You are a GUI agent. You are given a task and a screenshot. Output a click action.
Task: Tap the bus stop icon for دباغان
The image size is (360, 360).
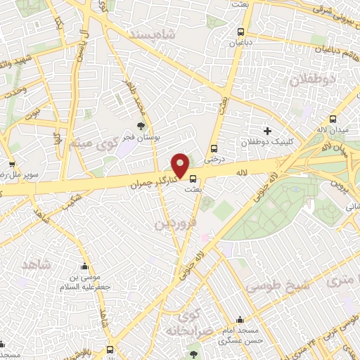tap(241, 32)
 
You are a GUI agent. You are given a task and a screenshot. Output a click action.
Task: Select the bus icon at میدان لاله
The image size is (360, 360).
tap(332, 118)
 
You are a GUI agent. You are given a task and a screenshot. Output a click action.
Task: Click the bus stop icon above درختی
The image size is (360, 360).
tap(214, 148)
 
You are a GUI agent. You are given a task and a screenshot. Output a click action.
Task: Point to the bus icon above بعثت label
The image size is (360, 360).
tap(193, 177)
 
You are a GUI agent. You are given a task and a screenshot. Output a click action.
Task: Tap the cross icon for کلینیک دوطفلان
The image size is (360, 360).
tap(266, 130)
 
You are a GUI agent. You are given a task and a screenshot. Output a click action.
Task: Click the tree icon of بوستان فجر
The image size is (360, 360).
tap(141, 127)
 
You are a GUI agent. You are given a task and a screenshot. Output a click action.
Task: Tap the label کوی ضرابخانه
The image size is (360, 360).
tap(184, 321)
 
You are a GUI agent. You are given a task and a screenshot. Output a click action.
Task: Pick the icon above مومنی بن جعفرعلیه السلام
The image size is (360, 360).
tap(84, 267)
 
